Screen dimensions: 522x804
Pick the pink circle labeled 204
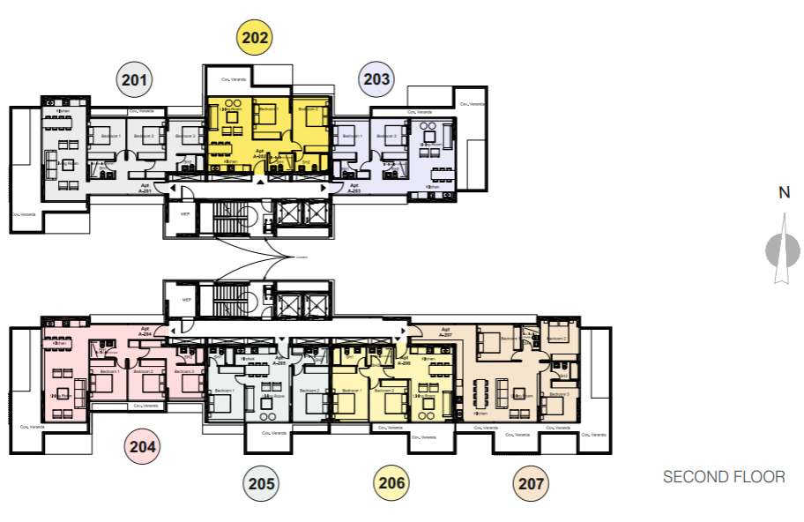click(x=143, y=446)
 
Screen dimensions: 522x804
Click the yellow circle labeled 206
click(x=392, y=482)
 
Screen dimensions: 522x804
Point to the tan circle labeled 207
click(x=532, y=482)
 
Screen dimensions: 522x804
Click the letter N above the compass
click(x=783, y=195)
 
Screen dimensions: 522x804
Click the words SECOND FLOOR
click(x=723, y=477)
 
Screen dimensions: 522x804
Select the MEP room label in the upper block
click(x=186, y=213)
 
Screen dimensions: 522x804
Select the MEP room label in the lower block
click(x=186, y=300)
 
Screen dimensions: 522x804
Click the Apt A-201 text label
click(x=145, y=188)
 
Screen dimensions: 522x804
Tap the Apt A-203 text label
click(x=354, y=188)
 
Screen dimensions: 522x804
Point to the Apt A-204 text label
click(x=145, y=332)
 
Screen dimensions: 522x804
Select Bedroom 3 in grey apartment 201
click(x=186, y=137)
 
